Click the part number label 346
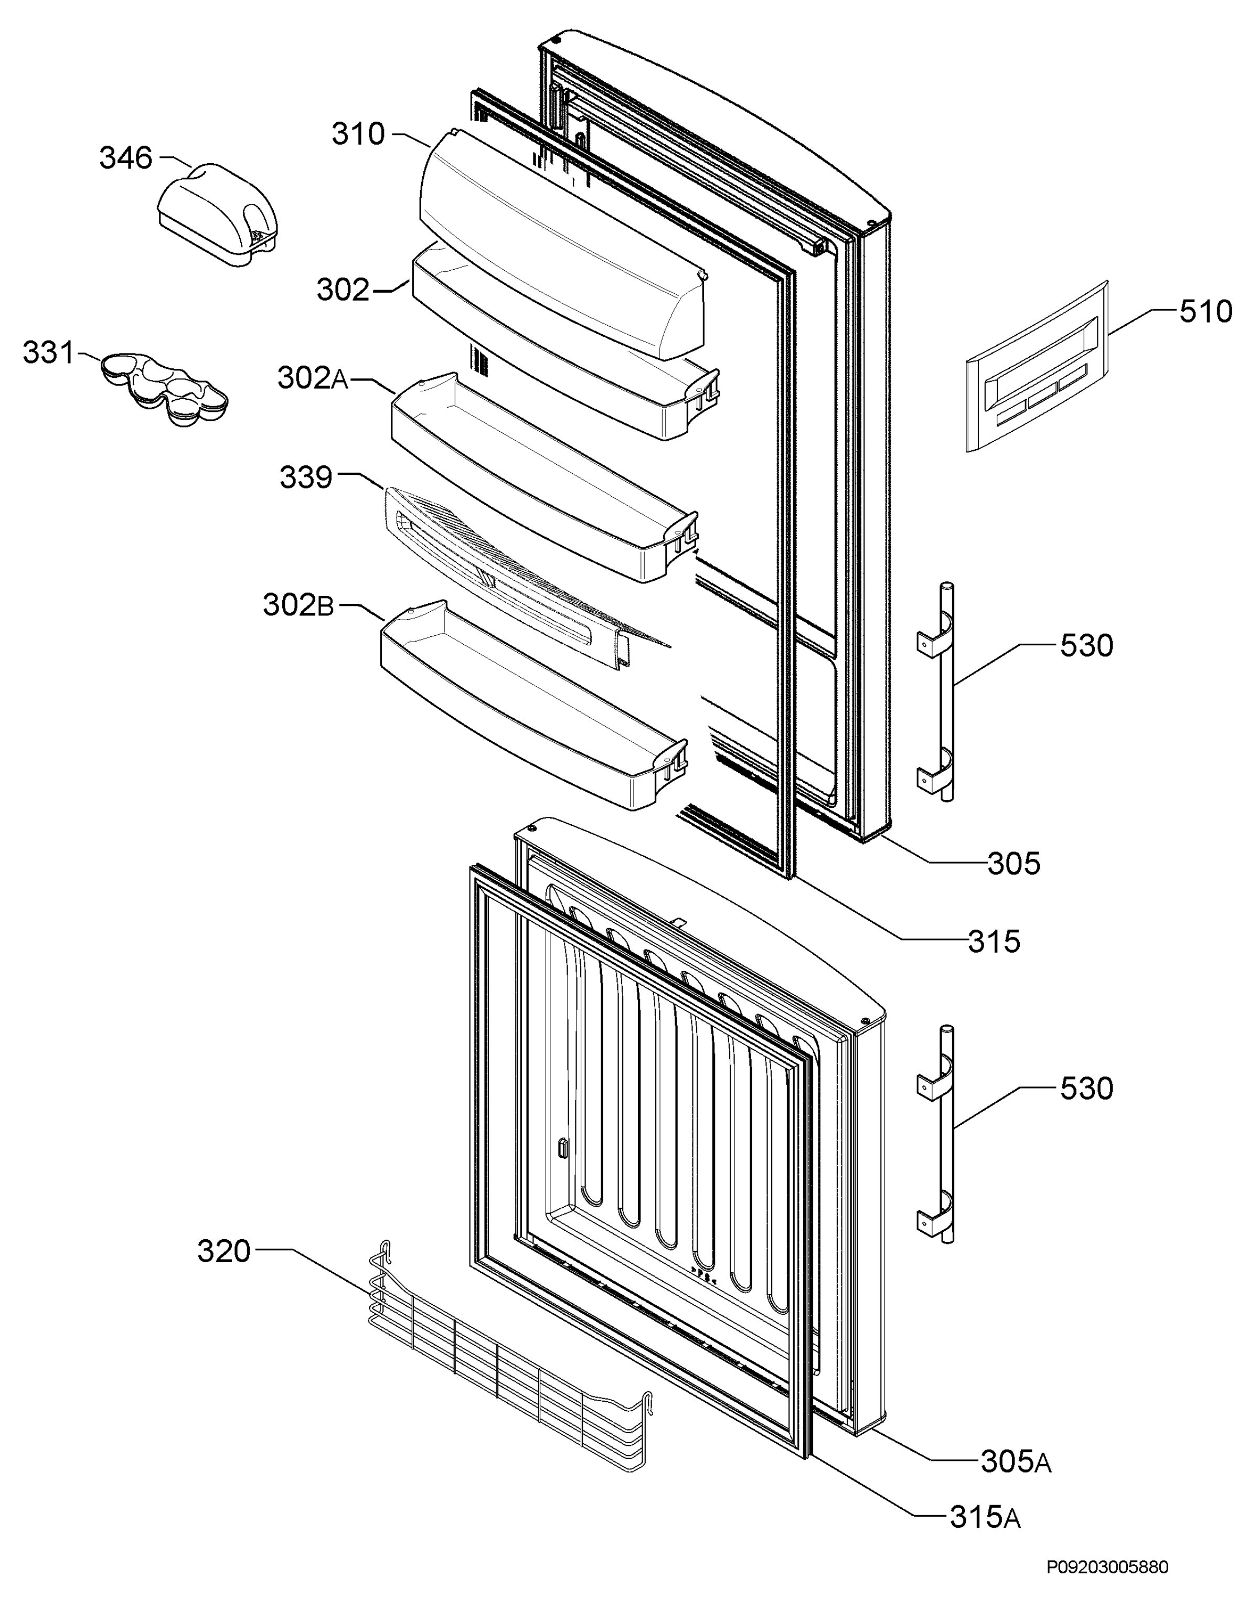(126, 158)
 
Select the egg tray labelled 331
(164, 388)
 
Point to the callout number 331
(49, 353)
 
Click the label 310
(358, 134)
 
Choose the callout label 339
(306, 477)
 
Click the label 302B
(298, 605)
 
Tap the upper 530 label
(1086, 646)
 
